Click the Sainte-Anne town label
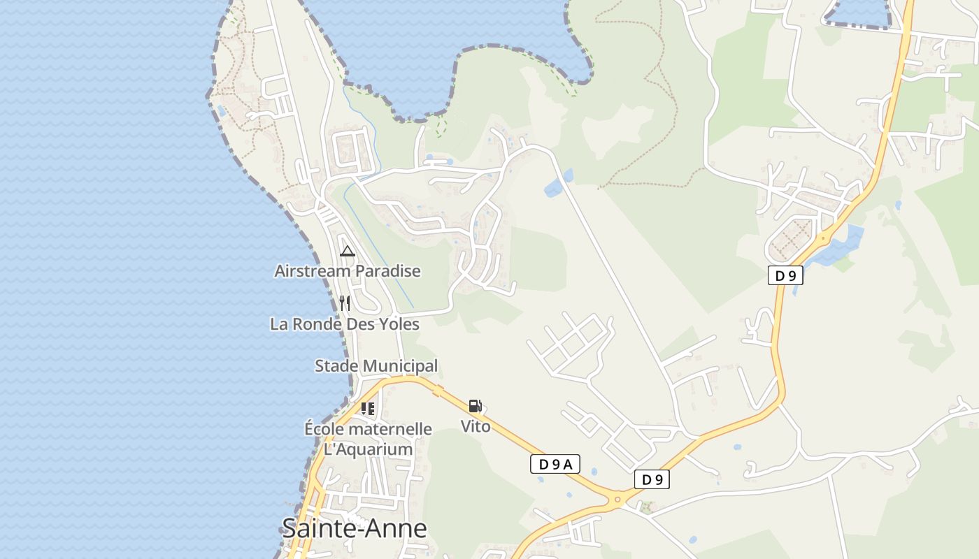[354, 528]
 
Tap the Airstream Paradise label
[348, 271]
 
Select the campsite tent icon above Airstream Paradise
[348, 252]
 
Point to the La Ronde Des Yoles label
[345, 324]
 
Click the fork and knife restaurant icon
[344, 303]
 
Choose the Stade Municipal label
[376, 365]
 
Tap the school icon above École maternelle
[368, 409]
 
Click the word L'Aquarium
[368, 449]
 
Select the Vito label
[476, 426]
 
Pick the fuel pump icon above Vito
[475, 406]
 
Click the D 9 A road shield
[555, 464]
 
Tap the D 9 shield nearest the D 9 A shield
[652, 479]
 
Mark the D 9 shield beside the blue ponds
[785, 275]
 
